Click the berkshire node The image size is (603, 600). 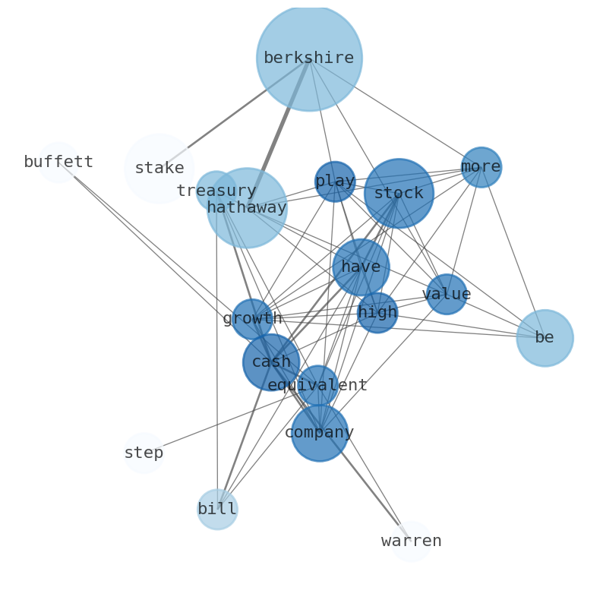coord(309,58)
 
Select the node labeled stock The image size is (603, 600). coord(399,194)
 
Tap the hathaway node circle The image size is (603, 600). coord(247,208)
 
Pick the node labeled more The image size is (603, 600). coord(481,167)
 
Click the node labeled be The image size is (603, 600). coord(545,338)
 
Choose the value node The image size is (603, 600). coord(447,295)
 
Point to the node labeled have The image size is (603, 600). coord(361,267)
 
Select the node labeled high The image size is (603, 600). coord(377,313)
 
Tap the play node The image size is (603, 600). coord(335,182)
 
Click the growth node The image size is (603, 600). coord(251,319)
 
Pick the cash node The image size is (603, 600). coord(271,362)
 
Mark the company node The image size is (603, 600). coord(320,433)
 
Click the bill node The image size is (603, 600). coord(217,510)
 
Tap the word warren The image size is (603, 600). coord(411,542)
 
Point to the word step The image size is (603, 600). coord(144,453)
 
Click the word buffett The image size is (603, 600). coord(58,163)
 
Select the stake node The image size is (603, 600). coord(159,169)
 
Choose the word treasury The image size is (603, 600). coord(216,191)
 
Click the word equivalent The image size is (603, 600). coord(317,386)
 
